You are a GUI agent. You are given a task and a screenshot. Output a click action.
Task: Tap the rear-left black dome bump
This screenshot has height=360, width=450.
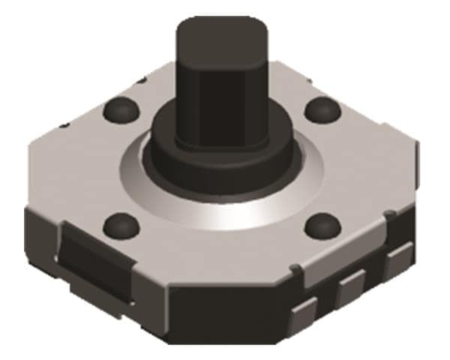pos(120,110)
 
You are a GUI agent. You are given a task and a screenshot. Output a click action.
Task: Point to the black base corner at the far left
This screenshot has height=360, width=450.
pos(34,225)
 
